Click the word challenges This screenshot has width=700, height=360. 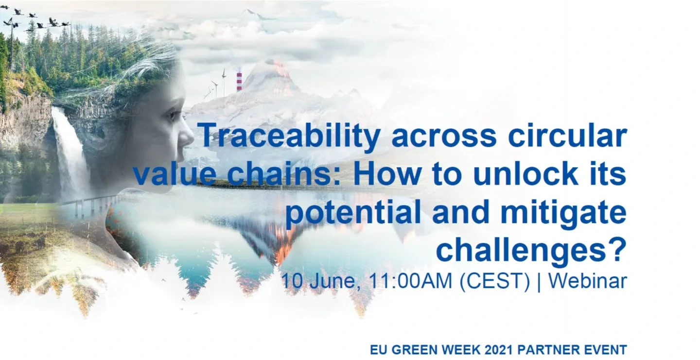520,251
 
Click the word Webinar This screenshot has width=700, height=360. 588,281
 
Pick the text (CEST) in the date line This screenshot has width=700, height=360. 495,281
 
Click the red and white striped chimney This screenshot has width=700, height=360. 239,82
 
